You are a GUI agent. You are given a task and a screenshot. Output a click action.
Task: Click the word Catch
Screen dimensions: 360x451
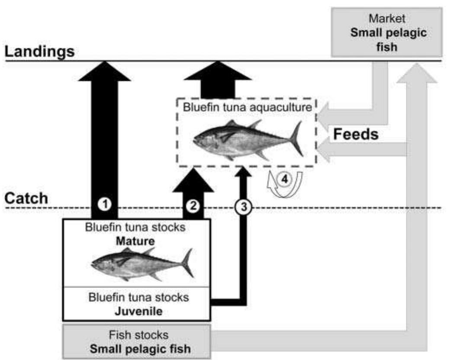tap(26, 199)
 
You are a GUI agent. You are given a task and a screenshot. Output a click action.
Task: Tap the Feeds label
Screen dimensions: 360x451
tap(355, 135)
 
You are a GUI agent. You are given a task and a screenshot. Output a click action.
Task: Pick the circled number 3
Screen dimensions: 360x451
tap(243, 207)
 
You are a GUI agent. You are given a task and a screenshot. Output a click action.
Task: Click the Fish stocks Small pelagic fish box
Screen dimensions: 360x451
tap(137, 341)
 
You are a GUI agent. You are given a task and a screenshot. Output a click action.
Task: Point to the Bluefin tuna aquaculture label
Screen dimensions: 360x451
tap(247, 107)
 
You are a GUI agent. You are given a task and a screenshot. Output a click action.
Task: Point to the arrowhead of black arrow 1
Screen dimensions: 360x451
tap(104, 71)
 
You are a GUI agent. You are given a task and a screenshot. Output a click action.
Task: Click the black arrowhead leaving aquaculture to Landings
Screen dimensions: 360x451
tap(218, 71)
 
